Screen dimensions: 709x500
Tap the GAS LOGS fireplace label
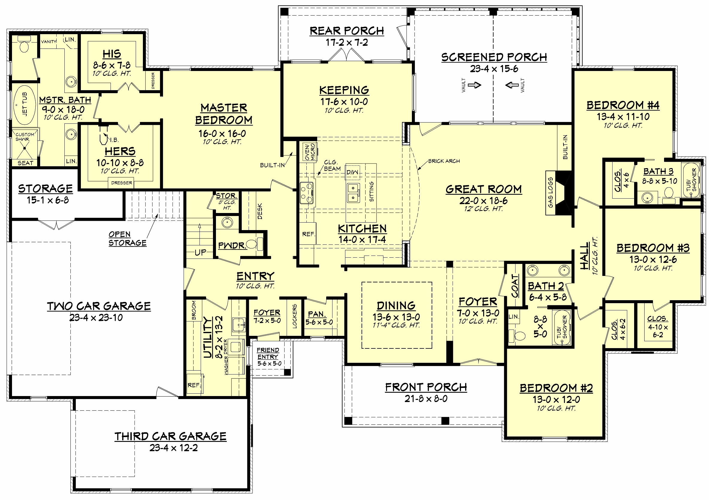point(550,192)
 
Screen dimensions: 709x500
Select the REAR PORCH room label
point(347,31)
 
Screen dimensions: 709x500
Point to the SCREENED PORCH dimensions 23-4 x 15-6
point(494,69)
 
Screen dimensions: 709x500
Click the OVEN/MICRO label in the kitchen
point(310,152)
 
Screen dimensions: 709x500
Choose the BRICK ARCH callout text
point(444,161)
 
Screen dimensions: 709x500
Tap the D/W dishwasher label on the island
point(353,172)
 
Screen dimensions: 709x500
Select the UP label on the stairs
point(200,252)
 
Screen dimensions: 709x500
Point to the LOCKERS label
point(294,316)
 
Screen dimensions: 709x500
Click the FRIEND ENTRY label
point(268,353)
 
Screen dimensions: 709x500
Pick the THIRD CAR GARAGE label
point(170,436)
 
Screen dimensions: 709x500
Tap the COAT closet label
point(515,286)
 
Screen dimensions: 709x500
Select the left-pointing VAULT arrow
point(512,84)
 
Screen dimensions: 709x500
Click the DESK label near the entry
point(260,211)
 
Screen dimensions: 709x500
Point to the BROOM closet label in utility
point(194,310)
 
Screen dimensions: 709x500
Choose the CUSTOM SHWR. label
point(25,137)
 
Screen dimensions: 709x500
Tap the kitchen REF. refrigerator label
point(309,234)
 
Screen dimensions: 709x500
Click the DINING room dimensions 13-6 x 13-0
point(396,317)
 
